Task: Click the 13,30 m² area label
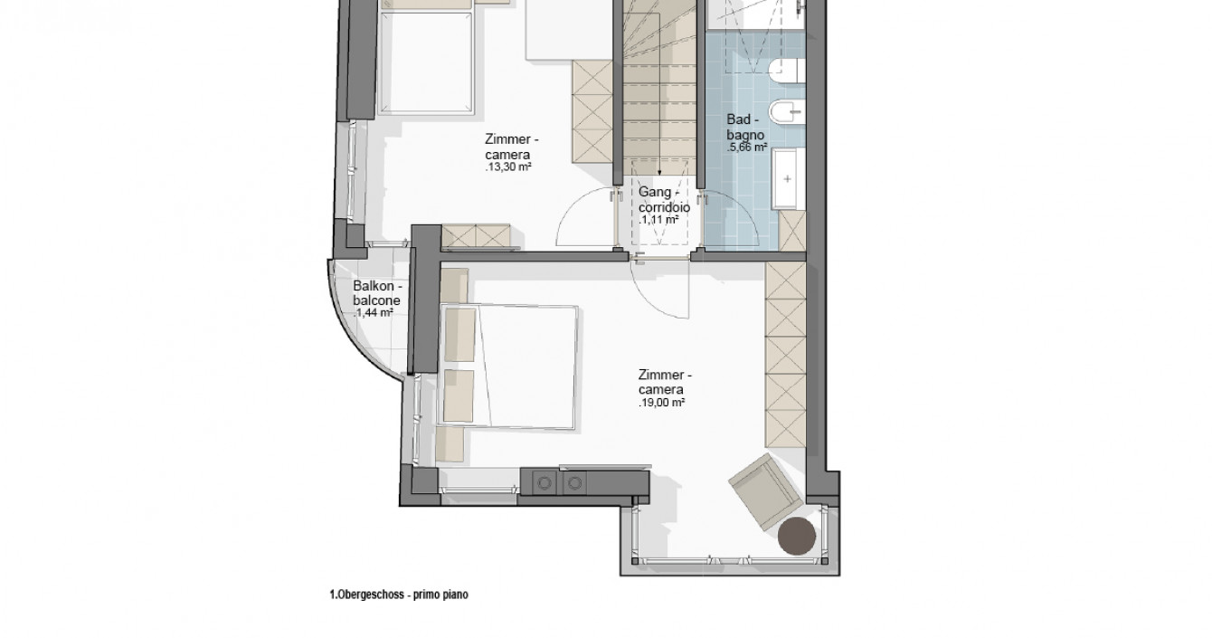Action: coord(507,167)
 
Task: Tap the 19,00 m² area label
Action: coord(661,403)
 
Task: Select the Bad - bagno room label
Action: coord(744,127)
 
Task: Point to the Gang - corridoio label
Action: coord(664,199)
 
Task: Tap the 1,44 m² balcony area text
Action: coord(374,313)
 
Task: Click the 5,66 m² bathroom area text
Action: coord(747,147)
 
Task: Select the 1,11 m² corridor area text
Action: coord(658,220)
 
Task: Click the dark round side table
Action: coord(797,536)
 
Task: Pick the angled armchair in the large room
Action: coord(765,492)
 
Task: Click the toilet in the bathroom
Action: coord(787,71)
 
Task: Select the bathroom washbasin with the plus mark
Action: coord(789,178)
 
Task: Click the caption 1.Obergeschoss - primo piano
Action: coord(399,595)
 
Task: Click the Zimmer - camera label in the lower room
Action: coord(665,382)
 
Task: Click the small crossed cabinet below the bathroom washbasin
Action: coord(792,231)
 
